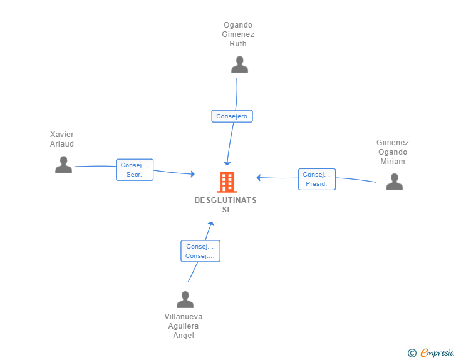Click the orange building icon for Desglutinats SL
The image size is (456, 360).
pyautogui.click(x=227, y=182)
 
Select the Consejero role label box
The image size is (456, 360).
pyautogui.click(x=232, y=116)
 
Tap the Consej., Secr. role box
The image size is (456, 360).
pyautogui.click(x=135, y=170)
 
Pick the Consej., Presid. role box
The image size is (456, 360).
pyautogui.click(x=316, y=179)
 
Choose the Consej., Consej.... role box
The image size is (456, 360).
pyautogui.click(x=200, y=251)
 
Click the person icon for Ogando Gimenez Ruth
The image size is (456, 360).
pyautogui.click(x=239, y=64)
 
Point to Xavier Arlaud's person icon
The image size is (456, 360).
pyautogui.click(x=63, y=165)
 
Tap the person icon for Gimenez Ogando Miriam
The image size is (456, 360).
pyautogui.click(x=394, y=182)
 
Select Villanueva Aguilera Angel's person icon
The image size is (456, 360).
pyautogui.click(x=185, y=300)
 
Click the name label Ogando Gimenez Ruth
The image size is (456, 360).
pyautogui.click(x=239, y=34)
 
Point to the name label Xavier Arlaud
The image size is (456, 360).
pyautogui.click(x=62, y=139)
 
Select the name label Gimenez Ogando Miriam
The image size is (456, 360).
pyautogui.click(x=392, y=152)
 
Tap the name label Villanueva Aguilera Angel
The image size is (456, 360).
pyautogui.click(x=184, y=326)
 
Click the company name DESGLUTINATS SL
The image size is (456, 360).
pyautogui.click(x=225, y=205)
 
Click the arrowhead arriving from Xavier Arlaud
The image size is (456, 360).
pyautogui.click(x=192, y=174)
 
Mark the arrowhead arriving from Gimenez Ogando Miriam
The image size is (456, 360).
pyautogui.click(x=259, y=178)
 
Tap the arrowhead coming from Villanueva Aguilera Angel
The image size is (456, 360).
pyautogui.click(x=212, y=224)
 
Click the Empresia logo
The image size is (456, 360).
pyautogui.click(x=437, y=353)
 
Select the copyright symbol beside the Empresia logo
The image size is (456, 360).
pyautogui.click(x=412, y=353)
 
